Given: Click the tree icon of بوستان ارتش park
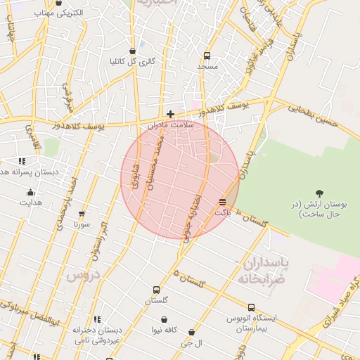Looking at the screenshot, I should pyautogui.click(x=320, y=193).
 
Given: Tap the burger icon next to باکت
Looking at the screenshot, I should pyautogui.click(x=223, y=202).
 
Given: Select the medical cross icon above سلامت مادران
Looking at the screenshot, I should pyautogui.click(x=170, y=114).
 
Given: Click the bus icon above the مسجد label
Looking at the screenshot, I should pyautogui.click(x=207, y=56).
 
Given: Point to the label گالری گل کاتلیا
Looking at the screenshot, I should pyautogui.click(x=132, y=61).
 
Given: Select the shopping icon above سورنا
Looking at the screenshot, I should pyautogui.click(x=82, y=214).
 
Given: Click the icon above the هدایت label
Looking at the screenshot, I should pyautogui.click(x=30, y=192).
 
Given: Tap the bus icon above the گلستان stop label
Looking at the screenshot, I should pyautogui.click(x=156, y=290).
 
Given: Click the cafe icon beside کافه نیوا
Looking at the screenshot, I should pyautogui.click(x=164, y=329).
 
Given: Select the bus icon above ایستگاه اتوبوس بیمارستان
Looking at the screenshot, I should pyautogui.click(x=251, y=307).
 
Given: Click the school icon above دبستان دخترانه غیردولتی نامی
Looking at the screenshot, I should pyautogui.click(x=97, y=319).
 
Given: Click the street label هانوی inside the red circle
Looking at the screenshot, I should pyautogui.click(x=134, y=172).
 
